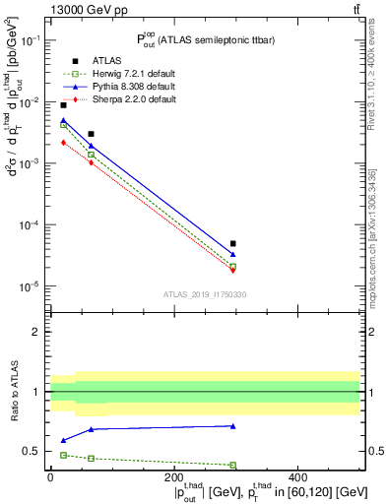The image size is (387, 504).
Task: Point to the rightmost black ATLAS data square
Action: [233, 243]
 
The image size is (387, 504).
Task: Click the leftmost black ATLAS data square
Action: [64, 105]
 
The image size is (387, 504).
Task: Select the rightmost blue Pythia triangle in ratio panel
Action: [233, 426]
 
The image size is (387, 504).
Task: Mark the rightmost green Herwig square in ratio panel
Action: [233, 465]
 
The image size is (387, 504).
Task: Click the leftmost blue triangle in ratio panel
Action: [64, 440]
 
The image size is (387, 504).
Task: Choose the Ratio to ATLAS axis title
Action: [14, 392]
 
